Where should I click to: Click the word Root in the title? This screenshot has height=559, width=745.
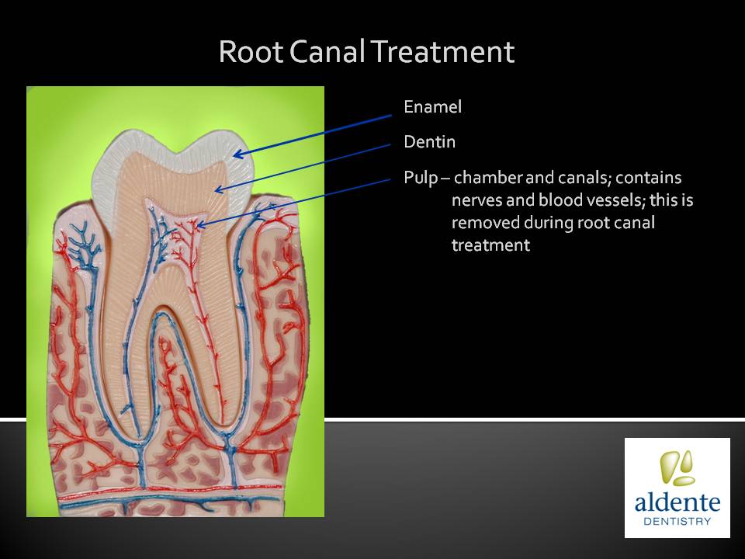click(x=251, y=51)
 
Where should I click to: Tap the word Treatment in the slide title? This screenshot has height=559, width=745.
click(x=442, y=51)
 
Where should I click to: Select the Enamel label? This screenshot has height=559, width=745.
click(x=432, y=106)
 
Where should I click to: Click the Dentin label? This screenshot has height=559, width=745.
click(x=429, y=141)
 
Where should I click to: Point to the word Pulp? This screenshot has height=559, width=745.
click(x=421, y=178)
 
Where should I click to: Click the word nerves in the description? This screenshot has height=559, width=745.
click(x=476, y=200)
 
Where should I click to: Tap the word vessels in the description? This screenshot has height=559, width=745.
click(x=591, y=200)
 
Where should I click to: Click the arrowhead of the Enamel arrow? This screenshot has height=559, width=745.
click(x=237, y=154)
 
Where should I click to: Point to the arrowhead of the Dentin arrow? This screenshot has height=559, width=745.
click(x=218, y=190)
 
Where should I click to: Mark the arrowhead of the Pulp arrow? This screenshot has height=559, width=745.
click(x=200, y=225)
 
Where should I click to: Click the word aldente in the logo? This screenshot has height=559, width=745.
click(x=677, y=502)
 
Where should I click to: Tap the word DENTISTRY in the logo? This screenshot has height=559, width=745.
click(x=677, y=521)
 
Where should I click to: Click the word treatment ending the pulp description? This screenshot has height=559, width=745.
click(x=490, y=245)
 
